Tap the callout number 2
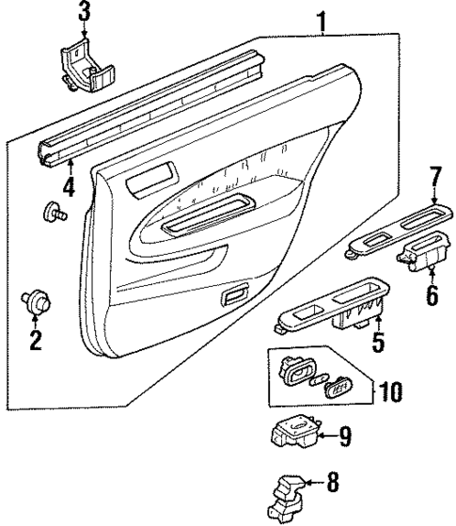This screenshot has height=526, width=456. [36, 340]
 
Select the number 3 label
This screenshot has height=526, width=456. [85, 12]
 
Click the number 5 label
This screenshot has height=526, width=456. [377, 343]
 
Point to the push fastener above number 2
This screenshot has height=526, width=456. [36, 302]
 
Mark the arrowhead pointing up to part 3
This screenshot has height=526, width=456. [86, 37]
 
